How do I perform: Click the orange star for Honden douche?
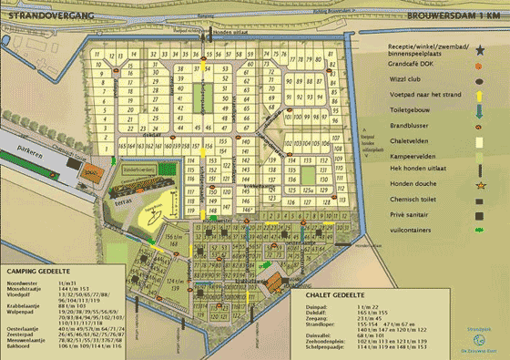point(479,186)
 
